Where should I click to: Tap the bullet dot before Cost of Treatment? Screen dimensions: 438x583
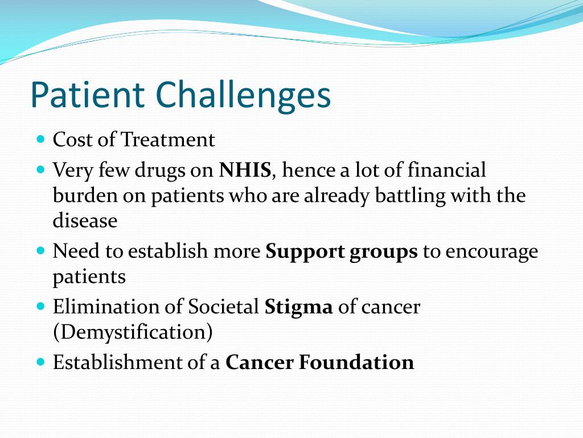click(x=40, y=139)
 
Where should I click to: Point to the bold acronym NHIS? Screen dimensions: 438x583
click(x=245, y=170)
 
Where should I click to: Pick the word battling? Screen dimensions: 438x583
click(x=410, y=195)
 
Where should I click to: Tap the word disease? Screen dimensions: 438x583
click(x=85, y=220)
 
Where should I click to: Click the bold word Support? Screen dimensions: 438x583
click(x=305, y=252)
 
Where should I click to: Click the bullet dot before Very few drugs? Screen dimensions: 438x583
click(x=40, y=169)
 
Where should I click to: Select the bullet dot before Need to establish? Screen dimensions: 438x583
click(x=40, y=250)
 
